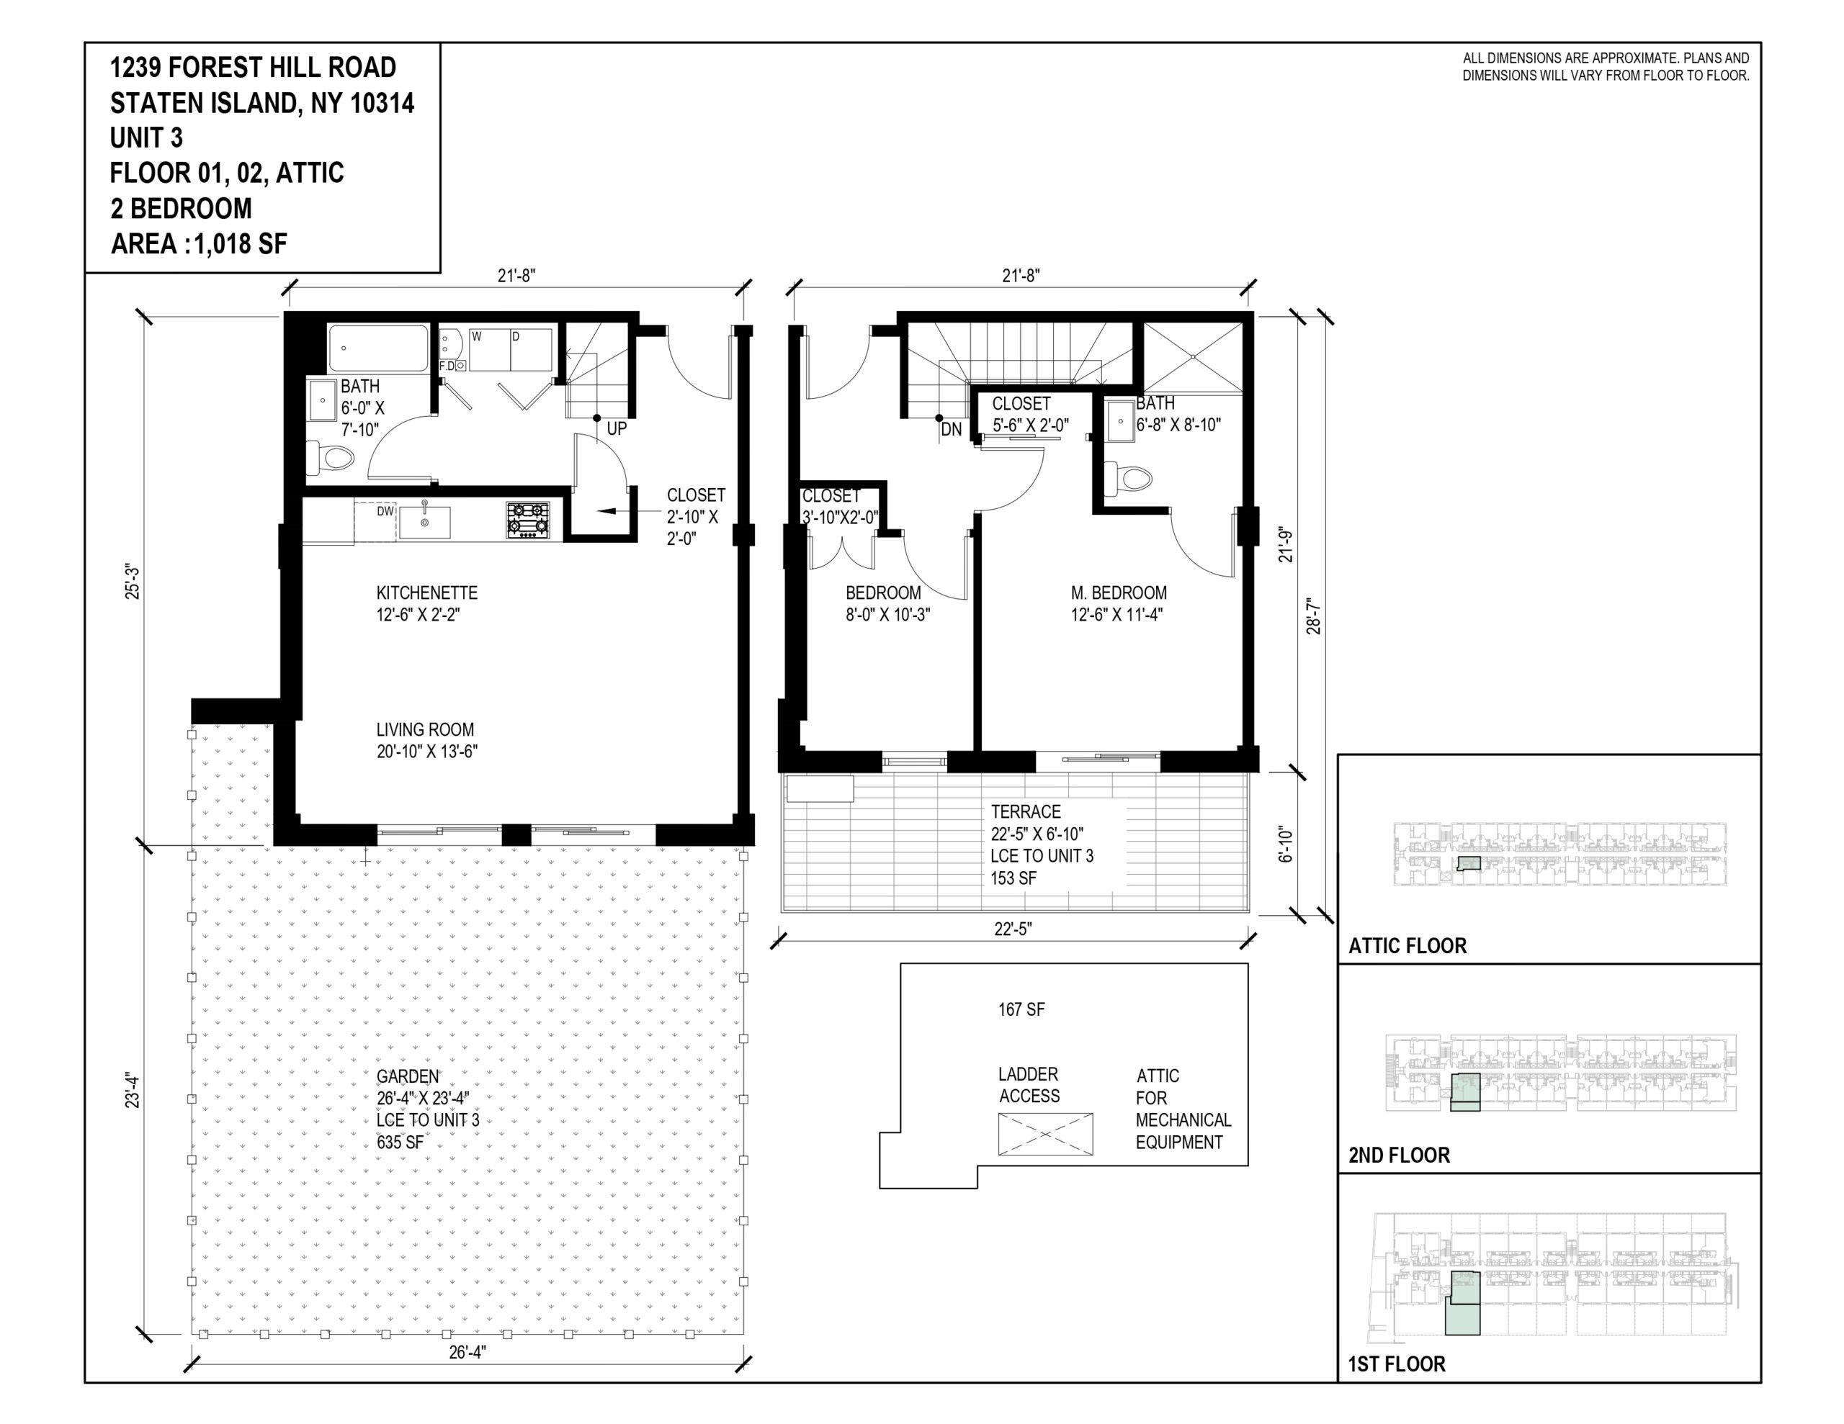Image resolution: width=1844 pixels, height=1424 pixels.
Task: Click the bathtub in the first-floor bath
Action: [378, 348]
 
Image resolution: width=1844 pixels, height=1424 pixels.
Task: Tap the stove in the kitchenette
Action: [528, 520]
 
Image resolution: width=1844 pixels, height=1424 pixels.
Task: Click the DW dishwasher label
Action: [385, 510]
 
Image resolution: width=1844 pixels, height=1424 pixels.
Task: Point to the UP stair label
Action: [617, 429]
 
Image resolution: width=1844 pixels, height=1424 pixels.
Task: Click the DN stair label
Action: [952, 430]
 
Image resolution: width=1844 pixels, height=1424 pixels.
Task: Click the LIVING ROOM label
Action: [426, 729]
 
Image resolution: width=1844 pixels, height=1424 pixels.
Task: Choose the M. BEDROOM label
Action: [1119, 593]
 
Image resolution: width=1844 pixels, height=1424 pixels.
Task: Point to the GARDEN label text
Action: [408, 1076]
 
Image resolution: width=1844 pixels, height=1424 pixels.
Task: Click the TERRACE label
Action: [1026, 812]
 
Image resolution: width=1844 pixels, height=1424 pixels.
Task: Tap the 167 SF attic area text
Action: [1021, 1009]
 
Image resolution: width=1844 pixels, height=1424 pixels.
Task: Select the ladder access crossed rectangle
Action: [1045, 1134]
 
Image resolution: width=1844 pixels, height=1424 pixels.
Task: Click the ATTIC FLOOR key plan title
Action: [1407, 946]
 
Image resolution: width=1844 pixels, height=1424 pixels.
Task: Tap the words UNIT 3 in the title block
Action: [146, 138]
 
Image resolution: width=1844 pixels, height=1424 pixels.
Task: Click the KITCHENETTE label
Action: [427, 593]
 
